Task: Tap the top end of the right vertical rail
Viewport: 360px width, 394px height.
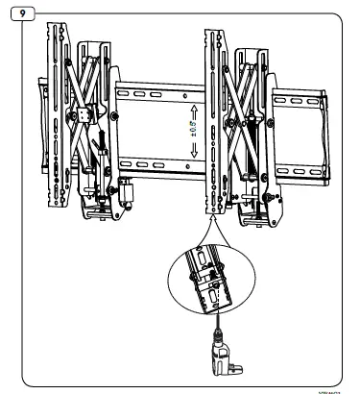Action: coord(212,36)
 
